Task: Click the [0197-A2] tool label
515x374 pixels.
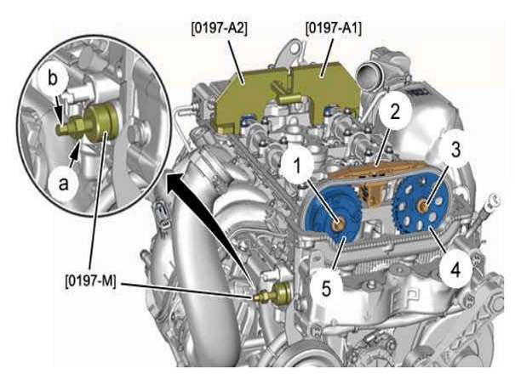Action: coord(219,28)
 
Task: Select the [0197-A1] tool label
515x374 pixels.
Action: coord(334,28)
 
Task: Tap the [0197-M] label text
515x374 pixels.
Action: coord(90,281)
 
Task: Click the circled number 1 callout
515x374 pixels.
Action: coord(297,166)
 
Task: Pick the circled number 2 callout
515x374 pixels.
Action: coord(394,111)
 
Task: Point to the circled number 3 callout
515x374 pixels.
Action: coord(455,150)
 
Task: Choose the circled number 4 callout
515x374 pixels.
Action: coord(455,270)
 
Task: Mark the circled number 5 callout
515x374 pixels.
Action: coord(326,289)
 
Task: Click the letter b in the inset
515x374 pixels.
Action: coord(53,79)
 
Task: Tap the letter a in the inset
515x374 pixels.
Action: coord(63,184)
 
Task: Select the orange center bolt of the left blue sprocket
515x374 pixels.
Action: coord(339,224)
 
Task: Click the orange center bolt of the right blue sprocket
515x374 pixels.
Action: coord(423,207)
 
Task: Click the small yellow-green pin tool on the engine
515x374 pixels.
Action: coord(273,294)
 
